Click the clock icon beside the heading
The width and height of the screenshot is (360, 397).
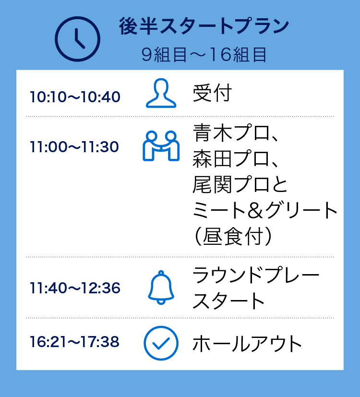(77, 39)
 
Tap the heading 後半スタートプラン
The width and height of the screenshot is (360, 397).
(204, 27)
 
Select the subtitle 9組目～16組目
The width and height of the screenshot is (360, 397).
(204, 55)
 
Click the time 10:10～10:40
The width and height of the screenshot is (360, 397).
(75, 97)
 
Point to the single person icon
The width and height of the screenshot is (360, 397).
(161, 93)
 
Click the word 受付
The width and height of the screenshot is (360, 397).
(212, 93)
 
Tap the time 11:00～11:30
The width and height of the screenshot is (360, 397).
(74, 147)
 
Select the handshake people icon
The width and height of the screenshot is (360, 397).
(161, 146)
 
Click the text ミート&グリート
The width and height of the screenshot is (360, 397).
(265, 211)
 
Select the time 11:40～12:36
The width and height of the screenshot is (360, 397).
(75, 288)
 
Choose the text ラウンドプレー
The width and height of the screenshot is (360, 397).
(256, 276)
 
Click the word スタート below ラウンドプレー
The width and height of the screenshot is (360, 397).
(229, 301)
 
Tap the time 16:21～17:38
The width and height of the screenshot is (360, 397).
(74, 342)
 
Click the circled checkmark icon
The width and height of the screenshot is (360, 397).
(161, 343)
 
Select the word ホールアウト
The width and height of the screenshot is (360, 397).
(247, 344)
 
